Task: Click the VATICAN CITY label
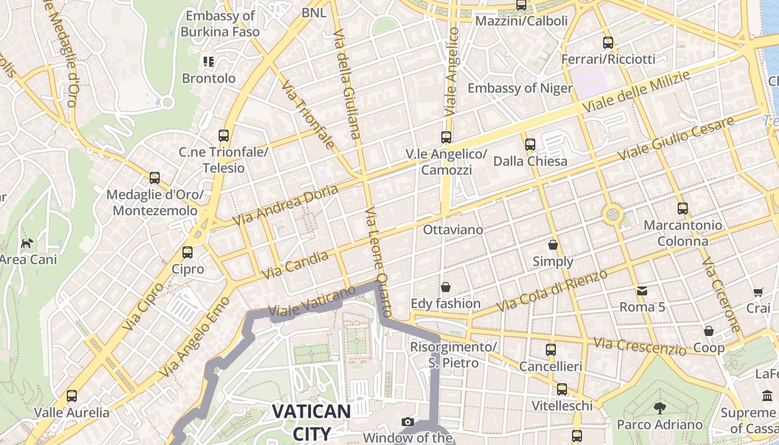[x=311, y=422]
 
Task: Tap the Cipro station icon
[x=188, y=252]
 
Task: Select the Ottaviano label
[x=453, y=229]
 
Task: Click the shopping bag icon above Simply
[x=553, y=244]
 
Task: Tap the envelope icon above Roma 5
[x=642, y=290]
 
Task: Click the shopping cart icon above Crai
[x=758, y=291]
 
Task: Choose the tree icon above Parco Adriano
[x=660, y=408]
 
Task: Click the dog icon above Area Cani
[x=27, y=243]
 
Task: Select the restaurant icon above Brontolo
[x=209, y=61]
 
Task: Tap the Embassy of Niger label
[x=520, y=88]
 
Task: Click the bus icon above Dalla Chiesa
[x=530, y=144]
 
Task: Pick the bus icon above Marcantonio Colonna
[x=683, y=209]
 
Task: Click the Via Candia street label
[x=295, y=265]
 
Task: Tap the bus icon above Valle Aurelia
[x=72, y=396]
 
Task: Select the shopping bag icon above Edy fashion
[x=446, y=287]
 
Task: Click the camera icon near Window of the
[x=408, y=422]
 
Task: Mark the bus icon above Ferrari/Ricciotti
[x=608, y=42]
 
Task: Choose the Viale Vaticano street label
[x=312, y=303]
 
